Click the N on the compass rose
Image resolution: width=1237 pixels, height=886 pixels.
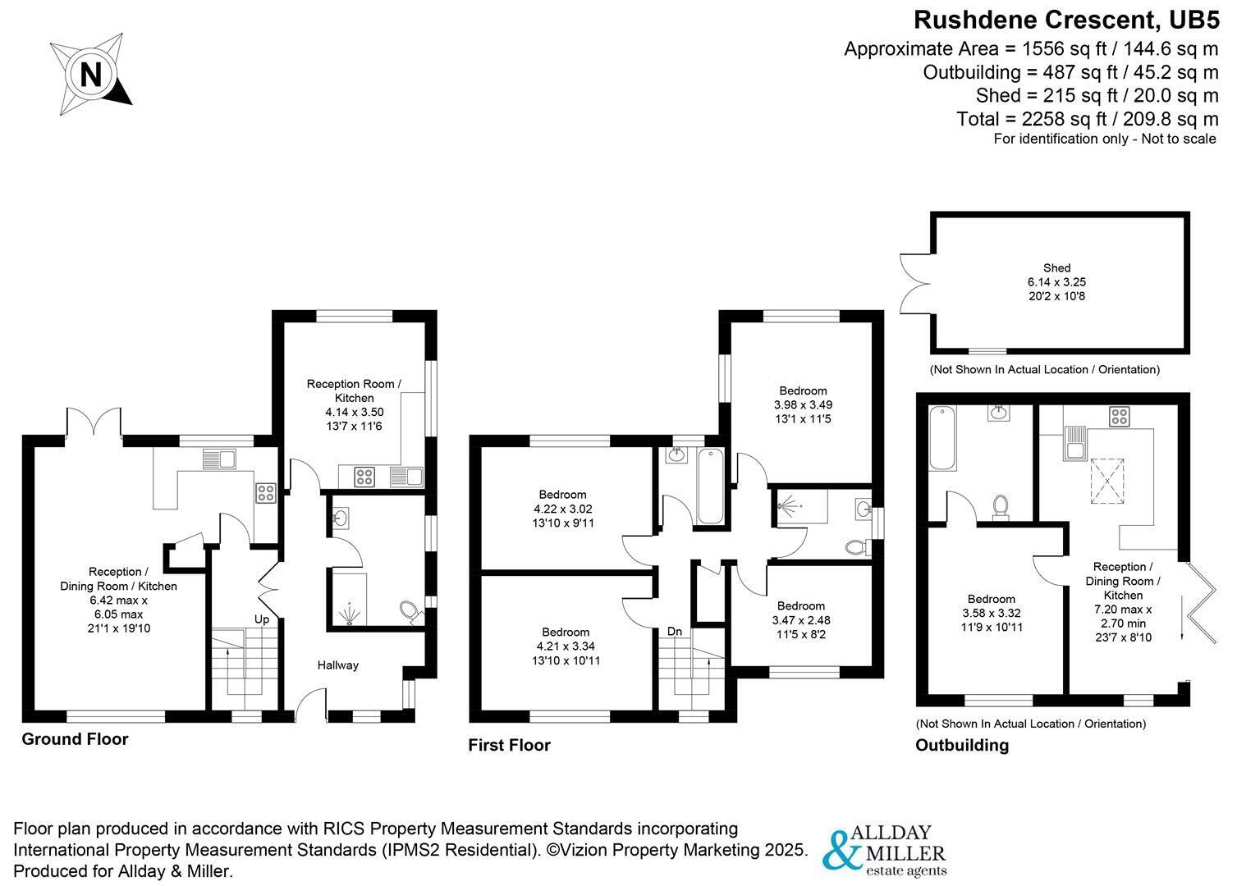coord(91,74)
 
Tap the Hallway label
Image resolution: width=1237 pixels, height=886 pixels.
coord(337,665)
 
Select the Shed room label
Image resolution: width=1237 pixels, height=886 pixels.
coord(1056,267)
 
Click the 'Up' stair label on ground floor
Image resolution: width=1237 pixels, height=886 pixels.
coord(262,619)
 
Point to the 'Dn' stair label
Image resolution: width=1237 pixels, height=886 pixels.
coord(674,631)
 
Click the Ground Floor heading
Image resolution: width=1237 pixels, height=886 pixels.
coord(75,738)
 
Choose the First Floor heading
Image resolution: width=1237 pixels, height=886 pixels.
coord(509,745)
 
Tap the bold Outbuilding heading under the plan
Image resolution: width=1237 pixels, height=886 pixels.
coord(962,745)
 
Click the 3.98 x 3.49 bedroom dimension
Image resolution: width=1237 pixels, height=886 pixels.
coord(803,404)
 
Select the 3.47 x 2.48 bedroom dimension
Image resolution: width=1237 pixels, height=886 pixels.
coord(801,620)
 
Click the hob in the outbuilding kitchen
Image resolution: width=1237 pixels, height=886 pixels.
coord(1119,416)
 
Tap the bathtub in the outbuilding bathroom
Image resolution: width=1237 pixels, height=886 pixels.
coord(942,438)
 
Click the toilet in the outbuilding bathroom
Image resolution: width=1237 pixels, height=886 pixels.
coord(1000,507)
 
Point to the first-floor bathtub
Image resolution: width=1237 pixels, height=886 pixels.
coord(711,486)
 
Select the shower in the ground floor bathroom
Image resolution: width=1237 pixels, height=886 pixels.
coord(349,600)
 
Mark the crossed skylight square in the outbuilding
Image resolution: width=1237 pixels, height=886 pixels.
coord(1107,481)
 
